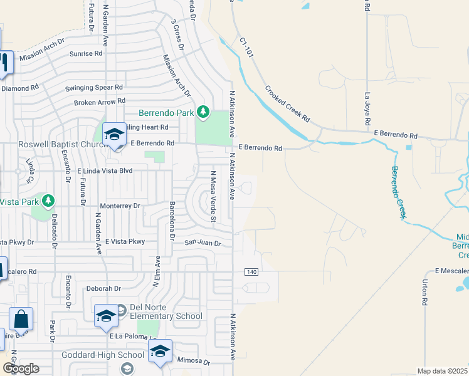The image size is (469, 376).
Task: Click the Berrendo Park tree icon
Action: (x=203, y=112)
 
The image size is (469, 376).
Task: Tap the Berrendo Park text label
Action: (x=167, y=113)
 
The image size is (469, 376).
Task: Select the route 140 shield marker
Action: (x=251, y=271)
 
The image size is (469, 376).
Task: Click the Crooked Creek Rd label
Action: (x=288, y=104)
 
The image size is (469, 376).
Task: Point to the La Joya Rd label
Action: (x=368, y=107)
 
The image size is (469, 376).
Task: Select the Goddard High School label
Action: (x=103, y=355)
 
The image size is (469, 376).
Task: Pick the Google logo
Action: (x=21, y=368)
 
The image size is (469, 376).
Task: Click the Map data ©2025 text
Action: (x=443, y=371)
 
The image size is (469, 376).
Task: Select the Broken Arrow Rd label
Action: (x=99, y=102)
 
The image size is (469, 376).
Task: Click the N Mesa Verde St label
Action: (x=213, y=196)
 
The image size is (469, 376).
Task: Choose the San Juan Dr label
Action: (x=203, y=243)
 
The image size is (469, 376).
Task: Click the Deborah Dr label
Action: (x=103, y=289)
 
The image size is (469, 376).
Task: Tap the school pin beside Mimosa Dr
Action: (x=160, y=351)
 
